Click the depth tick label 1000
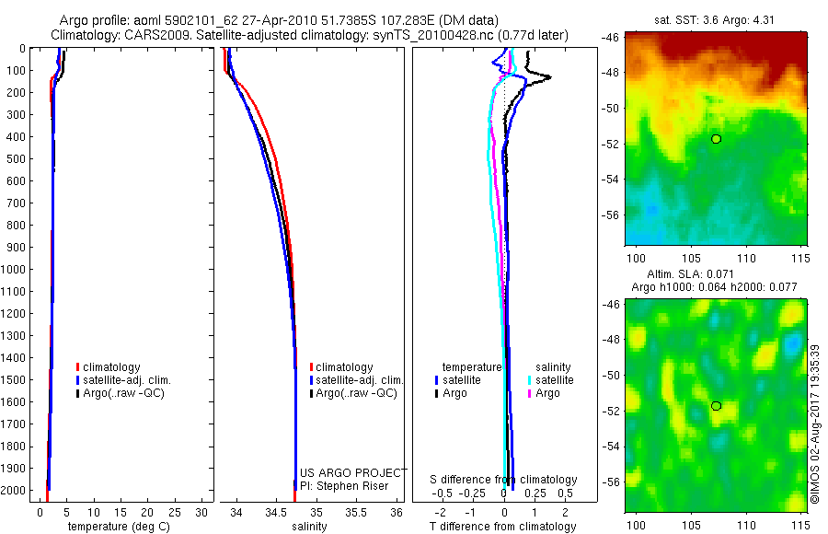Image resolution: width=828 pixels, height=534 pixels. click(16, 269)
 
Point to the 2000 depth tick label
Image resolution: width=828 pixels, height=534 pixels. click(16, 491)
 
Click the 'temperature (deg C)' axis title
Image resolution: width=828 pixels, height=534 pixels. click(116, 527)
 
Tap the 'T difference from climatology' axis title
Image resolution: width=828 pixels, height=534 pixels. click(503, 527)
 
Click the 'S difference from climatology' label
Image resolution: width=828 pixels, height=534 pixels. click(504, 480)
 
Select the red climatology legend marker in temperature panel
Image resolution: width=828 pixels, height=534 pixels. click(78, 367)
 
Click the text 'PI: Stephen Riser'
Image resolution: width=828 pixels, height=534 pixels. click(344, 486)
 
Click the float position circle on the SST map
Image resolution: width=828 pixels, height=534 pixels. click(716, 139)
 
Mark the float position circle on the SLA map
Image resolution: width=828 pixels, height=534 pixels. click(716, 406)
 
